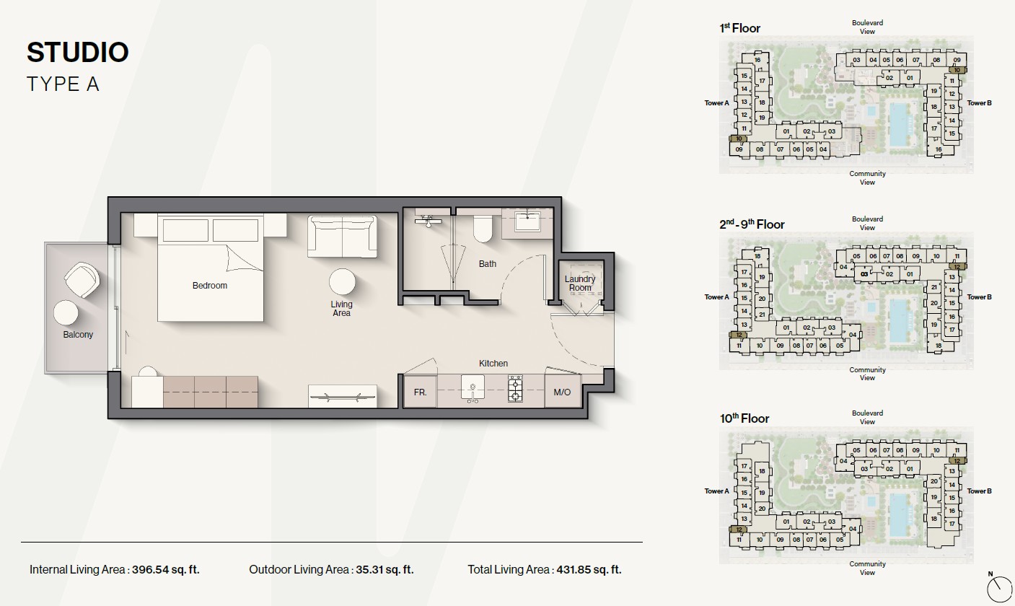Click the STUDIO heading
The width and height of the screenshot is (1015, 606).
(x=78, y=52)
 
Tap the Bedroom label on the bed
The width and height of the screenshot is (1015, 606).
(x=210, y=286)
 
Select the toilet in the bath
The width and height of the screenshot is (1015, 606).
(x=483, y=229)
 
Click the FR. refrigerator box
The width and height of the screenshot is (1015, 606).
(x=420, y=391)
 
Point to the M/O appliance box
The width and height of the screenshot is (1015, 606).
(x=563, y=391)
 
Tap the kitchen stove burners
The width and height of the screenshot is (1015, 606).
(x=515, y=388)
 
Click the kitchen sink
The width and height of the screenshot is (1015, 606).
(x=473, y=388)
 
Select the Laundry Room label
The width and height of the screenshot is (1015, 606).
(x=580, y=284)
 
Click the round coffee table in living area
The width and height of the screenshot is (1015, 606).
(x=342, y=282)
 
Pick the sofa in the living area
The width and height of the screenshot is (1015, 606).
(x=342, y=236)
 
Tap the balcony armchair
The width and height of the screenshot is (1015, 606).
(x=82, y=280)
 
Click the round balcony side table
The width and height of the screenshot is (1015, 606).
(x=66, y=313)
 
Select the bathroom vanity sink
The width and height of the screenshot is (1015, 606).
(x=527, y=222)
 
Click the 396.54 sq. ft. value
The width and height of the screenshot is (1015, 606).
(x=166, y=570)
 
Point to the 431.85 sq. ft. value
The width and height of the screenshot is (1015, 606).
(x=589, y=570)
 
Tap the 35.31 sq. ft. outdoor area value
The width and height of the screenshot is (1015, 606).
(x=385, y=570)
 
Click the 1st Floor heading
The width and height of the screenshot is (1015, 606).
(x=740, y=28)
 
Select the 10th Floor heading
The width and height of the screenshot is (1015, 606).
(x=744, y=418)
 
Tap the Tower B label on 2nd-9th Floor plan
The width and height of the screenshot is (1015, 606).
(x=979, y=297)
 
